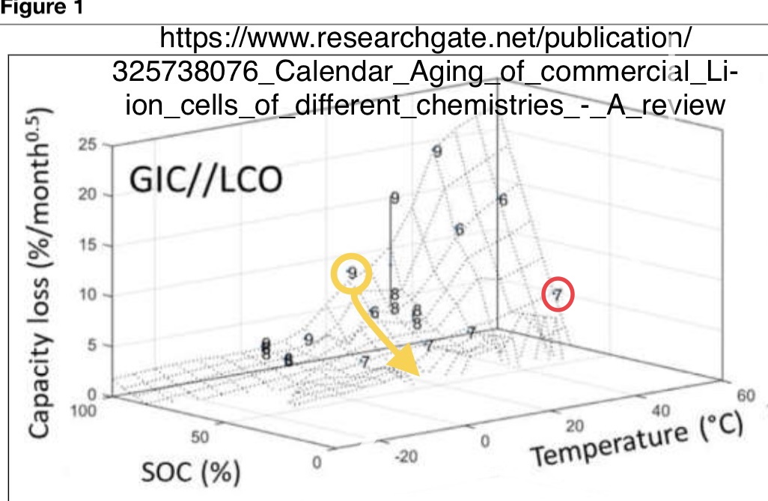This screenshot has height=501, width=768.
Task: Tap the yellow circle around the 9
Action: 352,273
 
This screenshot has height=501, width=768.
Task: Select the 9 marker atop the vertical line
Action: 394,198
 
